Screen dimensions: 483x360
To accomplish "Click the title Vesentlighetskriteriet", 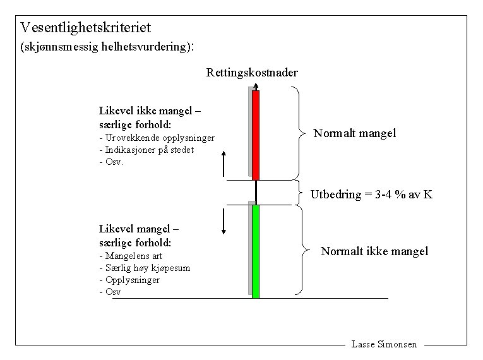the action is [85, 28].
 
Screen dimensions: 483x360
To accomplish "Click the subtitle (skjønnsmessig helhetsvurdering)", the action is [104, 46].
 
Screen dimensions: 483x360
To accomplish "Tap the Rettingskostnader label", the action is [252, 73].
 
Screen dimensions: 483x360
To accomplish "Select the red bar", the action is [256, 135].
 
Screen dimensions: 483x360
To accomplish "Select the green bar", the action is [256, 251].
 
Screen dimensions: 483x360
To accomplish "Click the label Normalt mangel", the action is [355, 133].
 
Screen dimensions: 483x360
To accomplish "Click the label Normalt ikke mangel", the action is [374, 251].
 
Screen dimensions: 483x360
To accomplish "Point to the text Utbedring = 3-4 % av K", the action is [371, 195].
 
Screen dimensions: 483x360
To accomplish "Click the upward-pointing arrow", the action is [224, 164].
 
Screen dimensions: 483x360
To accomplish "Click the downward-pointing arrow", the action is [224, 220].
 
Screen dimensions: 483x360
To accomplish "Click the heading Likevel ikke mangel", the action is [150, 111].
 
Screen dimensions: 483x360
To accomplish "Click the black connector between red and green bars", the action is [256, 192].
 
